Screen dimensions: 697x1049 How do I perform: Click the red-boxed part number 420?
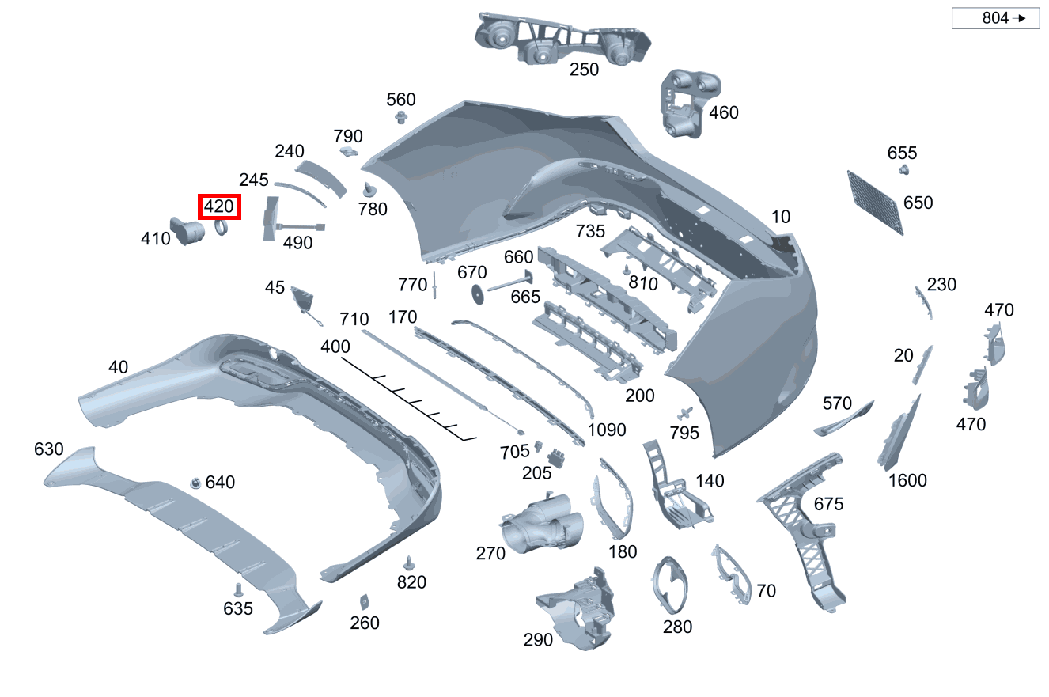pos(219,207)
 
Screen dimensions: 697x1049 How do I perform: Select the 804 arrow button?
pos(995,18)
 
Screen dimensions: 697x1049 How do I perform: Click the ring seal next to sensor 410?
pos(222,229)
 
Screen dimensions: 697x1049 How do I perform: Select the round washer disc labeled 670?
pos(477,294)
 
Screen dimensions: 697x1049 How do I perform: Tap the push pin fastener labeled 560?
pos(402,118)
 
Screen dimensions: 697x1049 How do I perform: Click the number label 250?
pos(584,70)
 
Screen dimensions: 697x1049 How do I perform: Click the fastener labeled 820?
pos(409,563)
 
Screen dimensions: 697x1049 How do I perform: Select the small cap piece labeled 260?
pos(364,600)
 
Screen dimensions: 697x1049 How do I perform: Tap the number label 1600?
pos(907,480)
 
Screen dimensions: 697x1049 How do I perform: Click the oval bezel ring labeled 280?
pos(671,585)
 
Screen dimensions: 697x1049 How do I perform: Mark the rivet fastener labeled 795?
pos(684,413)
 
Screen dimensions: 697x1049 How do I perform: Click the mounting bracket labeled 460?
pos(684,104)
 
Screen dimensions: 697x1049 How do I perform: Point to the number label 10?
pos(780,217)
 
